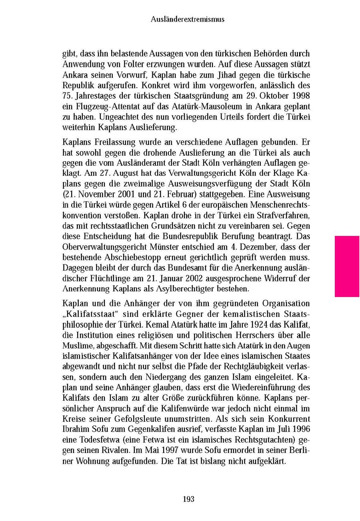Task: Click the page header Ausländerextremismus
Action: pyautogui.click(x=188, y=19)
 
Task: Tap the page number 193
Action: pyautogui.click(x=188, y=499)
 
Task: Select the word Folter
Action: pyautogui.click(x=140, y=64)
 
